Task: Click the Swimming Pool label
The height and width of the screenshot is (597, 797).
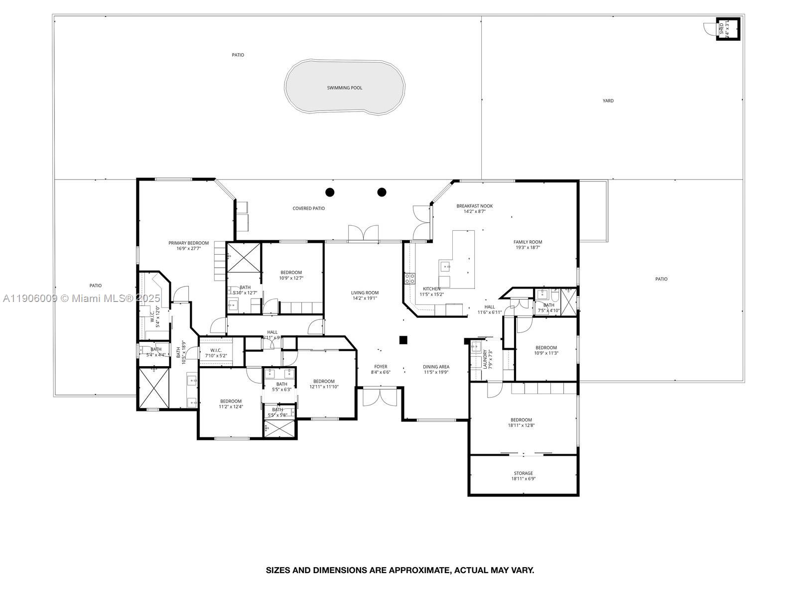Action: tap(344, 88)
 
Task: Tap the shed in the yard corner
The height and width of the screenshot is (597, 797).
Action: tap(726, 29)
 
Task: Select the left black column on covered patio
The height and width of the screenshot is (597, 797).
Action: tap(330, 192)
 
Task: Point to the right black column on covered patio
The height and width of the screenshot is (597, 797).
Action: tap(382, 192)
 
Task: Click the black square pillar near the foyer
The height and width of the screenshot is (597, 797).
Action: tap(403, 340)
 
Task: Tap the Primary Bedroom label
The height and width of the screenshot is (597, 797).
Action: tap(188, 243)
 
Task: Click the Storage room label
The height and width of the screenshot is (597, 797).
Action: tap(523, 473)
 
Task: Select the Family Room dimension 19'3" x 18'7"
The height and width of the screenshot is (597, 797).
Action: tap(528, 247)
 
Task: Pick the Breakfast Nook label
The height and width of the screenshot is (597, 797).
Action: tap(474, 206)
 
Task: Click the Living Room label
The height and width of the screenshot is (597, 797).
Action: tap(365, 293)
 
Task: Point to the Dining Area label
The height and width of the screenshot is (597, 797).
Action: tap(436, 367)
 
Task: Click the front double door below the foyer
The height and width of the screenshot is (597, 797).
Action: tap(380, 397)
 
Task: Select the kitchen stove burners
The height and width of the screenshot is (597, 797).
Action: tap(409, 279)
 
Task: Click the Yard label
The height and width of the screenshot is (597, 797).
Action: tap(608, 101)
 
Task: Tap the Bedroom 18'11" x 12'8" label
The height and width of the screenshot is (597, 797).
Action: tap(521, 420)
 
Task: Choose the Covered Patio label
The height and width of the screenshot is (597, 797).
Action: tap(308, 208)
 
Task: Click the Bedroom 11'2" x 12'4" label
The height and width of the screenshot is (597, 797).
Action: tap(231, 401)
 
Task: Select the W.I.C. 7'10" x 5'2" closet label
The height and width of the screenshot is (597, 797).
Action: tap(216, 350)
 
